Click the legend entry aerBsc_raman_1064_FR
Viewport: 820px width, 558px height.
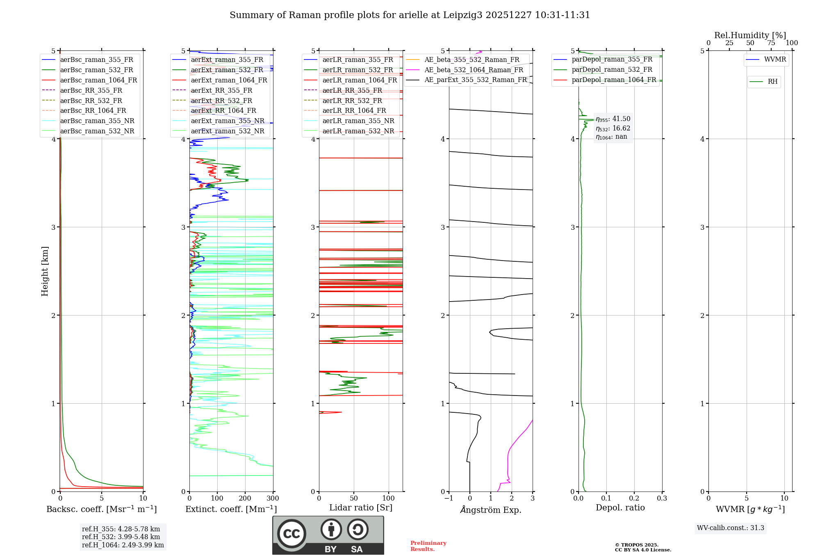pos(98,80)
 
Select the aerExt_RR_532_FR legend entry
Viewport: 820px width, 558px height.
pos(221,101)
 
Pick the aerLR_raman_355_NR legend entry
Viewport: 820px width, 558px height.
pos(358,121)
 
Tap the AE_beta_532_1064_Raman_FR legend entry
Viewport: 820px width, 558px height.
pos(474,70)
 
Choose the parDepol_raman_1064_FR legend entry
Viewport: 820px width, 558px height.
pos(613,80)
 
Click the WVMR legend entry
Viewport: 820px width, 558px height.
pos(775,59)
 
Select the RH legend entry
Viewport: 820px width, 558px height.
pos(772,82)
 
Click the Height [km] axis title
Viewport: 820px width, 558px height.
pos(45,271)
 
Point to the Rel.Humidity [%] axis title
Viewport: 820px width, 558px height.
pos(750,35)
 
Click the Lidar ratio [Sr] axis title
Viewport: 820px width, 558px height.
pos(361,508)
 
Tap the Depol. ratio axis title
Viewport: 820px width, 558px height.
pos(620,508)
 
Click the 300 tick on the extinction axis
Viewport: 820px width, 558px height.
pos(273,499)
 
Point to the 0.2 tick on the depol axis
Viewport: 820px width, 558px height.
pos(634,499)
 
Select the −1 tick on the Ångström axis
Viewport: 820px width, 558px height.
pos(449,499)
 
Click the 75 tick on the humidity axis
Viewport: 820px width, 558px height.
pos(771,43)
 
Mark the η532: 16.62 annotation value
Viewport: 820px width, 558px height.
pos(613,128)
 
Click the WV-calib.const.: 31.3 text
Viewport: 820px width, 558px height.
pos(731,528)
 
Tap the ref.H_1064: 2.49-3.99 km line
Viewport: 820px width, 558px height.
pos(123,545)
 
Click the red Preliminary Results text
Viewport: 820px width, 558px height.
pos(428,546)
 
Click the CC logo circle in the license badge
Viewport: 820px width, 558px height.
pos(292,534)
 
